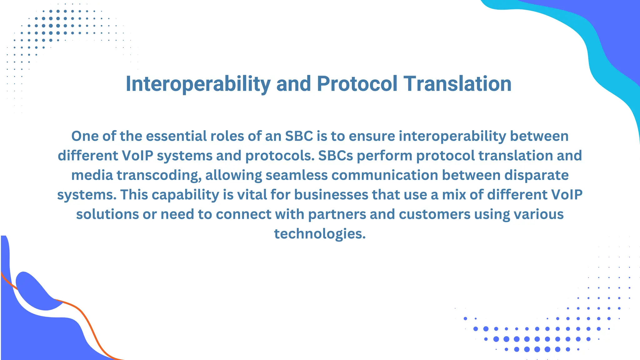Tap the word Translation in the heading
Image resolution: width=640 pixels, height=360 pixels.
pyautogui.click(x=457, y=84)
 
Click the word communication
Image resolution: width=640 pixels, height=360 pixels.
pyautogui.click(x=385, y=175)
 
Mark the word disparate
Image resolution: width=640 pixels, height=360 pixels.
pyautogui.click(x=537, y=175)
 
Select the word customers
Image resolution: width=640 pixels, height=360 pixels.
pyautogui.click(x=434, y=214)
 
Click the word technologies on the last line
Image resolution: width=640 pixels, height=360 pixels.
pyautogui.click(x=320, y=234)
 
